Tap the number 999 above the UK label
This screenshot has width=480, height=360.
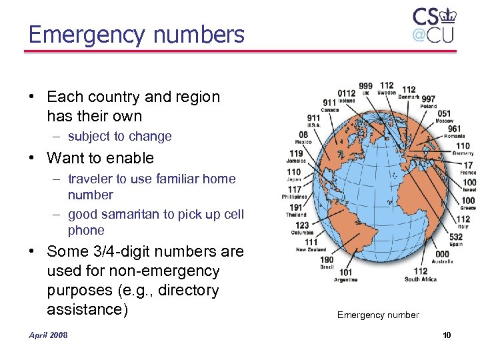(365, 86)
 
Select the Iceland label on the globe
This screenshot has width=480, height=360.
(347, 101)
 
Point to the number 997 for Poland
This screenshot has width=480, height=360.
(428, 99)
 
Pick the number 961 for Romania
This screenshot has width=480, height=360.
(454, 129)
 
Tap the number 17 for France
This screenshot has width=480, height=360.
(468, 165)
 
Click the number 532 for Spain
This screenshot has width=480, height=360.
(456, 237)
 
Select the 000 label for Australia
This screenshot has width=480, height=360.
(442, 254)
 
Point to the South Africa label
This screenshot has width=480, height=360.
(420, 279)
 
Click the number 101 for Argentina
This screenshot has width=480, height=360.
(345, 272)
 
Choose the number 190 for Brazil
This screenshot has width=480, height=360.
(327, 259)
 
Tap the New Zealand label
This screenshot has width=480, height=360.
(311, 250)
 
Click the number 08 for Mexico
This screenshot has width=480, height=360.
(303, 135)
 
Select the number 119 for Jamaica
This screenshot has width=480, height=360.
(297, 153)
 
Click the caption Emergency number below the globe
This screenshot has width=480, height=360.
(378, 315)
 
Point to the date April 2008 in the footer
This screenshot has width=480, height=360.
(47, 335)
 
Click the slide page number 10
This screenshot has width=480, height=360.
(446, 335)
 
